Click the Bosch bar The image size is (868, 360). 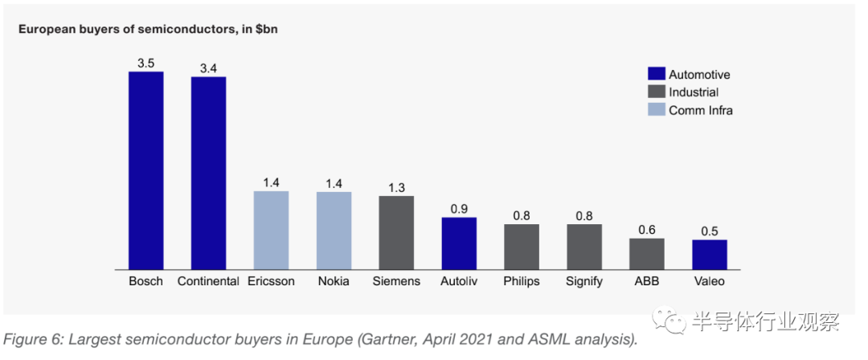pyautogui.click(x=146, y=170)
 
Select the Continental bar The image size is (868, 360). pyautogui.click(x=208, y=173)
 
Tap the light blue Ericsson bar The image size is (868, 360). pyautogui.click(x=271, y=230)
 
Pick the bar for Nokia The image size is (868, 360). pyautogui.click(x=334, y=230)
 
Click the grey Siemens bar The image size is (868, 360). pyautogui.click(x=396, y=232)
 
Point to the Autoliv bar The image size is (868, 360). pyautogui.click(x=459, y=243)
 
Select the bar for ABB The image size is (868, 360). pyautogui.click(x=647, y=253)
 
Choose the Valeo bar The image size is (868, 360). pyautogui.click(x=710, y=254)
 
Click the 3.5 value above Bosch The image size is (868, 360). pyautogui.click(x=146, y=61)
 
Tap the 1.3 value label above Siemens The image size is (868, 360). pyautogui.click(x=396, y=187)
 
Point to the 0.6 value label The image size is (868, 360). pyautogui.click(x=647, y=230)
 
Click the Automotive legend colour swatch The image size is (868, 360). pyautogui.click(x=657, y=75)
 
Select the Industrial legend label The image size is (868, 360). pyautogui.click(x=694, y=92)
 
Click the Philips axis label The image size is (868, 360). pyautogui.click(x=522, y=281)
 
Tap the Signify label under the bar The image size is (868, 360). pyautogui.click(x=584, y=282)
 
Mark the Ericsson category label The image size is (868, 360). pyautogui.click(x=271, y=281)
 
